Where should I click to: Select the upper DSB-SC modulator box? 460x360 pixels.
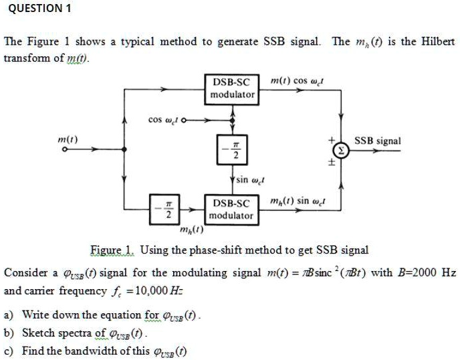[232, 88]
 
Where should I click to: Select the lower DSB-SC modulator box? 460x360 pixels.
[232, 209]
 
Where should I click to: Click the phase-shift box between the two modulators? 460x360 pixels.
[232, 149]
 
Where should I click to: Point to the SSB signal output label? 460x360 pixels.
[378, 141]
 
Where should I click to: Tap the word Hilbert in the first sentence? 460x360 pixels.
[437, 41]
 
